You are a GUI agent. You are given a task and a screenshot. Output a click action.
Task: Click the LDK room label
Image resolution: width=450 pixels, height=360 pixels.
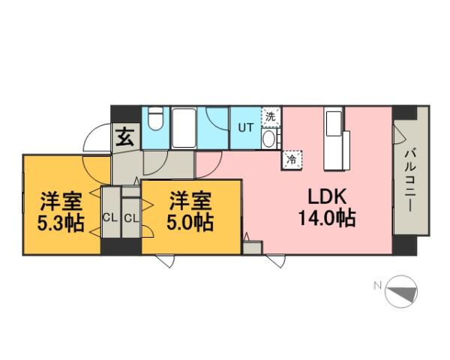[325, 197]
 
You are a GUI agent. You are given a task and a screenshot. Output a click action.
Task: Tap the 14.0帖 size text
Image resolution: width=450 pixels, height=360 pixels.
[325, 220]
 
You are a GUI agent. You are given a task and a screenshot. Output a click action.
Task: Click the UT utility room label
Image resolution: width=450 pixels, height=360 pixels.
[245, 127]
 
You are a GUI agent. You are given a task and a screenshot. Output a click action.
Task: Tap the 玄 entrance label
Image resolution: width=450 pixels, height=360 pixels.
[124, 137]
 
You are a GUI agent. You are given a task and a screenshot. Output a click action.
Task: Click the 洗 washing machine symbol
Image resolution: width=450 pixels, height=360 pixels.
[270, 116]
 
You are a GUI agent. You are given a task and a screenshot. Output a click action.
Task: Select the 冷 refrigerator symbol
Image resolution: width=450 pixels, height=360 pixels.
[290, 158]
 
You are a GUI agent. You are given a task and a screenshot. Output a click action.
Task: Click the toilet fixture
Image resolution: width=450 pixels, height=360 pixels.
[157, 122]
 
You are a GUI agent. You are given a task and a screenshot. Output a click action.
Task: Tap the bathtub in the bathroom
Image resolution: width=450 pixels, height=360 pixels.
[184, 128]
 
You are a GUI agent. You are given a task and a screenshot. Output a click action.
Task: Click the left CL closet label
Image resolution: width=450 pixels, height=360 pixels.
[110, 218]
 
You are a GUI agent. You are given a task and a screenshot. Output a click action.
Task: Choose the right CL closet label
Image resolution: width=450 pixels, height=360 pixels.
[130, 218]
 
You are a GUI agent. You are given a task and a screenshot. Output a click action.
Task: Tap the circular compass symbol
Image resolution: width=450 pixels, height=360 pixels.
[400, 292]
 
